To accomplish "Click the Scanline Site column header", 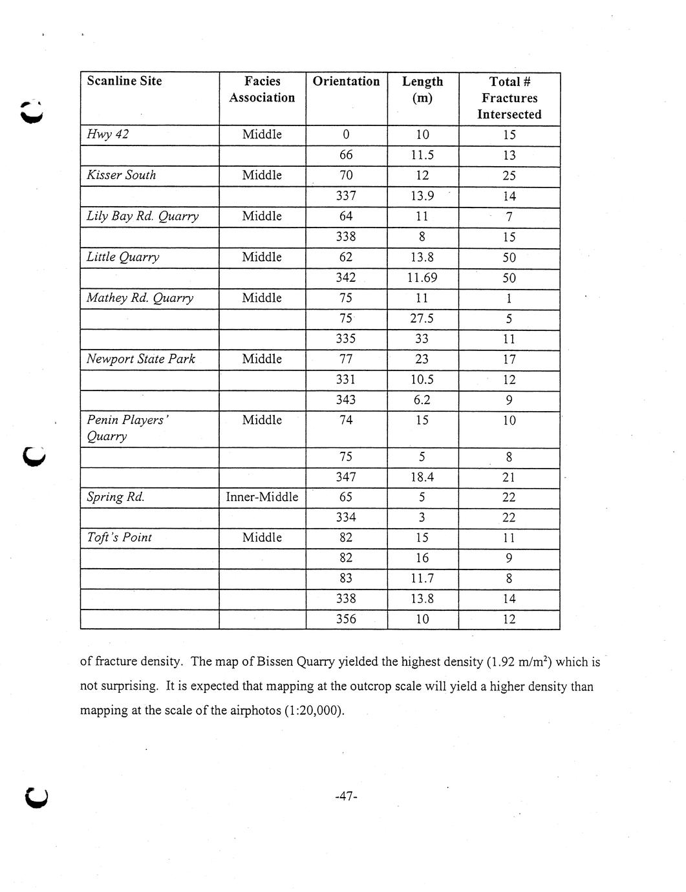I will [x=124, y=81].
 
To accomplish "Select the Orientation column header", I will [x=346, y=81].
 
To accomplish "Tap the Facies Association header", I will [x=262, y=89].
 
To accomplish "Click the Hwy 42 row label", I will [x=107, y=134].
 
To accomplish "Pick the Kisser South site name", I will [x=121, y=175].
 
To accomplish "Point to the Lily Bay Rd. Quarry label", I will [x=142, y=216].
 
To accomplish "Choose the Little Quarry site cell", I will [x=123, y=257].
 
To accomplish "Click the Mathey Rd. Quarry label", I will [x=140, y=298].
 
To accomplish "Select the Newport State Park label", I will [x=141, y=359].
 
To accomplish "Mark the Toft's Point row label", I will [x=119, y=538].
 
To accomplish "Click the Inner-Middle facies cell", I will [x=262, y=497].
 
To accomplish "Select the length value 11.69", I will [x=422, y=278].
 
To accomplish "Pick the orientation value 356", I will [x=346, y=619].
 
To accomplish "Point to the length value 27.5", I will [x=422, y=319].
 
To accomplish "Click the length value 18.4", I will [x=422, y=477].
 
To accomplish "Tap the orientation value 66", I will [x=346, y=155].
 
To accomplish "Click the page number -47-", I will [x=347, y=796].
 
